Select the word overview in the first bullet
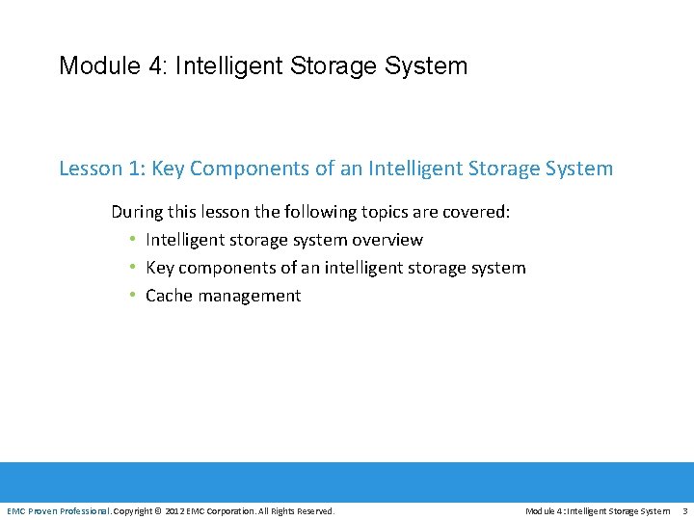click(387, 240)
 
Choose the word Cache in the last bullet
click(168, 296)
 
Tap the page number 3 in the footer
click(684, 510)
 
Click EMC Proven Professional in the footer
click(58, 510)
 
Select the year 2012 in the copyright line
click(175, 510)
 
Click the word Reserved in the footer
click(315, 510)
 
